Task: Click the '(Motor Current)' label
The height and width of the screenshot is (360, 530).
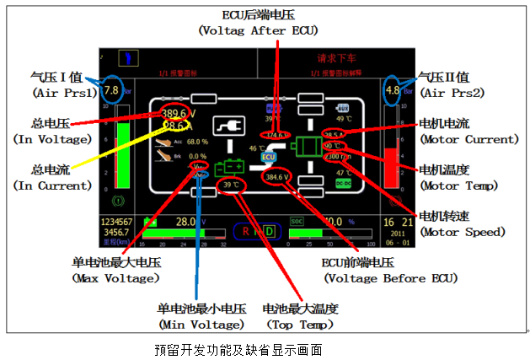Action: point(468,139)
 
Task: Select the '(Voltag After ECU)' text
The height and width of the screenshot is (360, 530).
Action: point(257,30)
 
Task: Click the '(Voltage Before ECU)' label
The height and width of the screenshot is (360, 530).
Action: point(387,277)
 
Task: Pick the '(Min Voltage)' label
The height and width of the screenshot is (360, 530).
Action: point(201,324)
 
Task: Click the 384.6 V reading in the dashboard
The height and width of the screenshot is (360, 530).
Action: point(276,178)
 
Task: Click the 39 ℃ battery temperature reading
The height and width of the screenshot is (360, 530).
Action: point(231,185)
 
